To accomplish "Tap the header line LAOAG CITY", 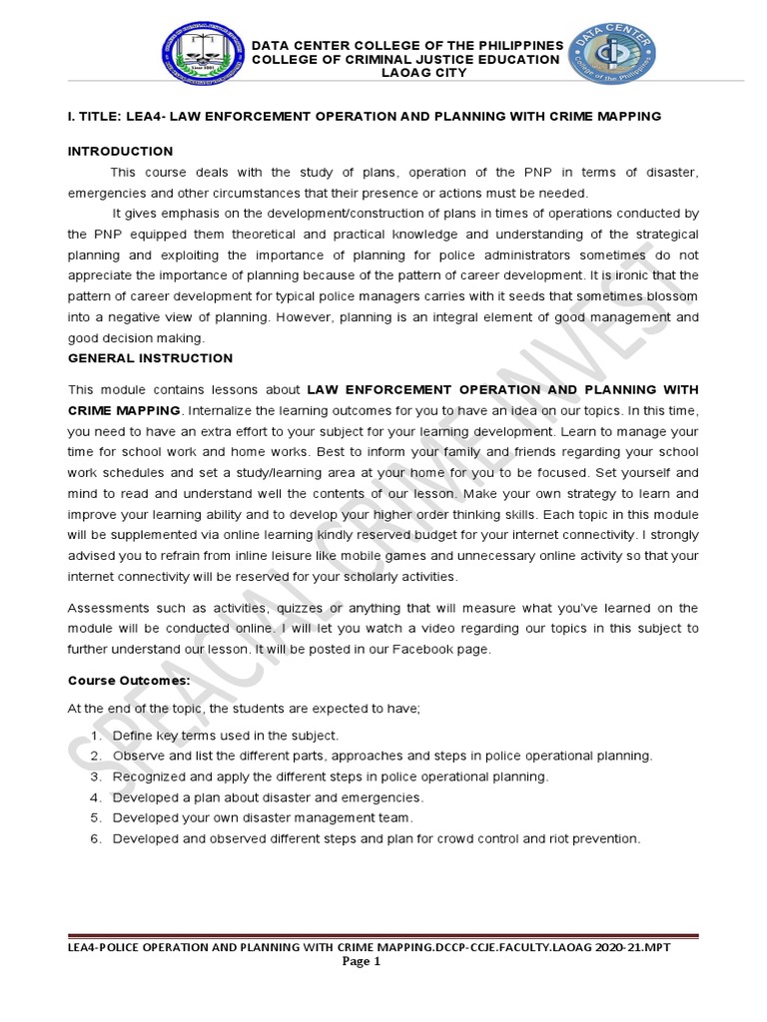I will (405, 74).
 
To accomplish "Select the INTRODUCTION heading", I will (120, 152).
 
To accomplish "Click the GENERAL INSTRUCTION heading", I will (150, 358).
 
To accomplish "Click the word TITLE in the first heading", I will (97, 117).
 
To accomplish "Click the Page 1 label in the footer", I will (363, 963).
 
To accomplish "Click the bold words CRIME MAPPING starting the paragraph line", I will (124, 410).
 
